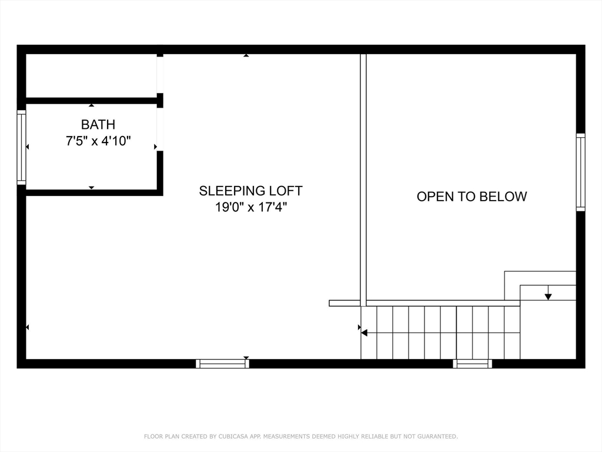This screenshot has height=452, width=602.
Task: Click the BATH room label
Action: (x=98, y=125)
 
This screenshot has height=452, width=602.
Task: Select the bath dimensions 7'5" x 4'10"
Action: (x=98, y=141)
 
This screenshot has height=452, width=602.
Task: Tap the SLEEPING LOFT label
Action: (x=250, y=191)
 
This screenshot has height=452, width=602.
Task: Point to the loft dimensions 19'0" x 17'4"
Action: (x=251, y=207)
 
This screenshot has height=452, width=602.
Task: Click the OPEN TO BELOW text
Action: (x=472, y=197)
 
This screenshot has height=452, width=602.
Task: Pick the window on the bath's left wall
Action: (x=22, y=147)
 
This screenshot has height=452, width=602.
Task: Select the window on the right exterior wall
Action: (x=580, y=172)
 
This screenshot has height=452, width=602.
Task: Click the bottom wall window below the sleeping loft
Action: (x=223, y=364)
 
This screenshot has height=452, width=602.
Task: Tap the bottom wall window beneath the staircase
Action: (x=472, y=364)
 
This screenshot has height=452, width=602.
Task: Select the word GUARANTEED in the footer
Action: (x=437, y=437)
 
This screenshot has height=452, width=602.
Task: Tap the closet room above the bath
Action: (x=91, y=76)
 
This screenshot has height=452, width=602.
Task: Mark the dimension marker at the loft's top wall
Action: (x=246, y=55)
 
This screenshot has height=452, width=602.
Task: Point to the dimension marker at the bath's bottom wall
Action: (x=91, y=188)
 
